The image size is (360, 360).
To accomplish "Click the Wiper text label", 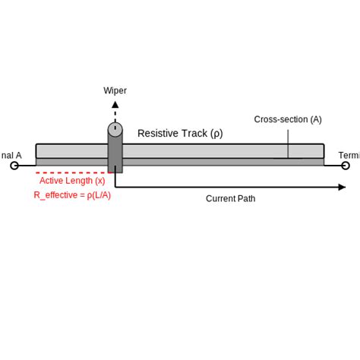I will click(x=115, y=91).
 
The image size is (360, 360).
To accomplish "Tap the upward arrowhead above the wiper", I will click(x=115, y=106).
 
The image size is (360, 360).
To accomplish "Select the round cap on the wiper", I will click(x=115, y=129).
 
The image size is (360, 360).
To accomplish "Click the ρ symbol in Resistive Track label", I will click(x=216, y=134).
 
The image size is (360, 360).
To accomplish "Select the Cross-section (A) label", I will click(x=288, y=119).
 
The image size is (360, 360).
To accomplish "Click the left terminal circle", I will click(x=14, y=165).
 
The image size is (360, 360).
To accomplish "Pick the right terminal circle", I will click(x=346, y=165).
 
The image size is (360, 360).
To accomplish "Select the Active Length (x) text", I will click(x=72, y=181).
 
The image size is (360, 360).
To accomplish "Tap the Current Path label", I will click(x=230, y=199).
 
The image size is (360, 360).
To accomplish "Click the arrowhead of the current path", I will click(x=342, y=187).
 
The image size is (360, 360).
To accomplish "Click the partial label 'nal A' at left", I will click(x=11, y=156).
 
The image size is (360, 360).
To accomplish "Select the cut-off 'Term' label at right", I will click(x=349, y=156).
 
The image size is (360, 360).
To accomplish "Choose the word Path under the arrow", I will click(x=245, y=199).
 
